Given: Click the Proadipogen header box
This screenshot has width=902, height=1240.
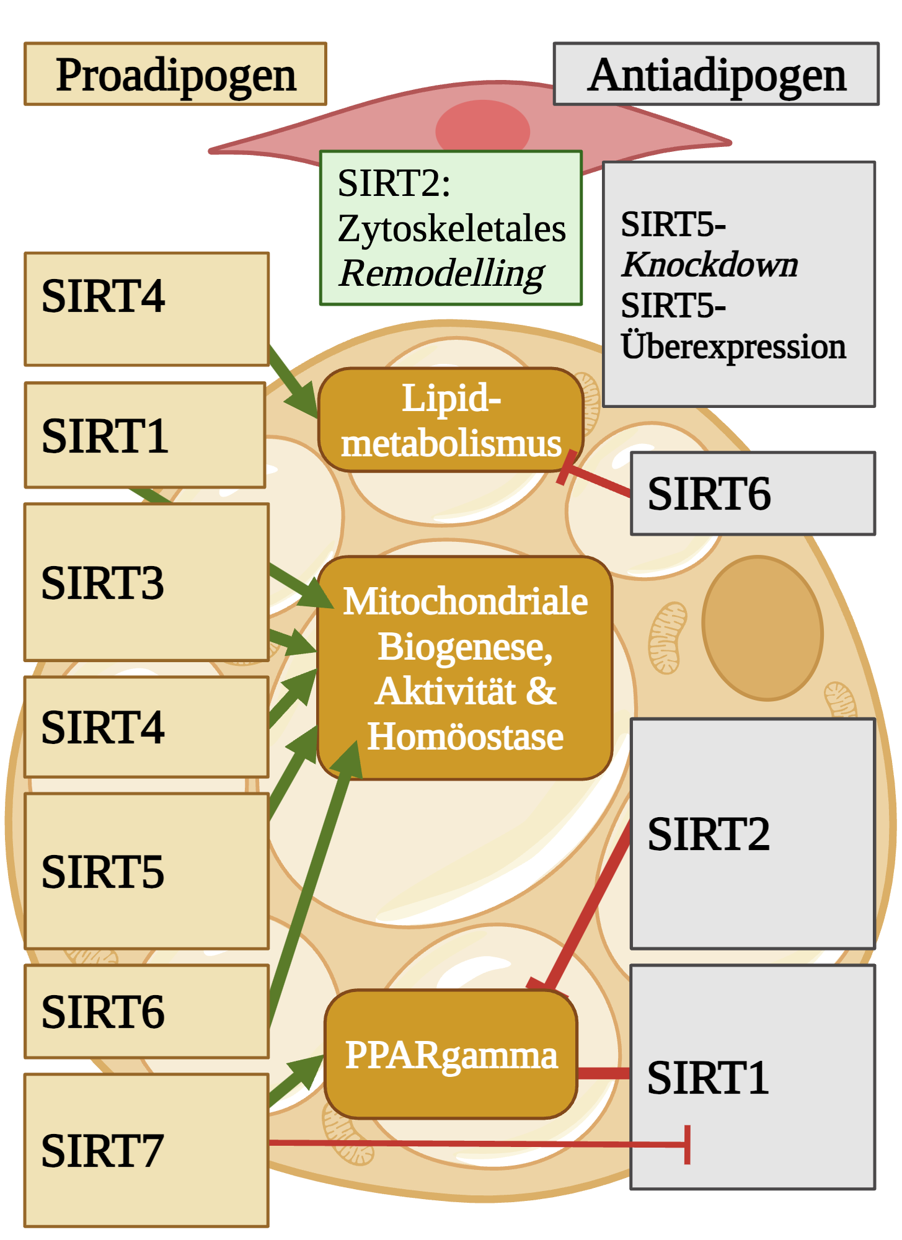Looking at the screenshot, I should pyautogui.click(x=175, y=74).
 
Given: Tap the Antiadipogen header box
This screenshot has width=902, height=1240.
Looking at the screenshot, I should pyautogui.click(x=715, y=74).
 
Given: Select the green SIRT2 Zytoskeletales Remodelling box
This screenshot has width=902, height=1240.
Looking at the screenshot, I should pyautogui.click(x=451, y=228).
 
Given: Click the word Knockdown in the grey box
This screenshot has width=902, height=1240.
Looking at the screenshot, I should pyautogui.click(x=710, y=265).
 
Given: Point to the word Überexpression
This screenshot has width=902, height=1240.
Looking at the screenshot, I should pyautogui.click(x=733, y=346).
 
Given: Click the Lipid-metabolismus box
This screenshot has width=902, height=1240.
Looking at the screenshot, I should pyautogui.click(x=451, y=420).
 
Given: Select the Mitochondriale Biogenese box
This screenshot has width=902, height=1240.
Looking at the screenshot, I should pyautogui.click(x=465, y=668).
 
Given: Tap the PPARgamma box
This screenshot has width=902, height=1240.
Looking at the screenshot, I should pyautogui.click(x=451, y=1054).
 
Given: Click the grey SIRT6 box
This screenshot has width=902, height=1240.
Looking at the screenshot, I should pyautogui.click(x=753, y=494).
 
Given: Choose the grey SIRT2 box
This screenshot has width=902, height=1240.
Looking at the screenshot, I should pyautogui.click(x=753, y=833).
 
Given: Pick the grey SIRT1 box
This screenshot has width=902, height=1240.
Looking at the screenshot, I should pyautogui.click(x=753, y=1077).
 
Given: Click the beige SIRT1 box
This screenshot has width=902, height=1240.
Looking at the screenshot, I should pyautogui.click(x=145, y=435).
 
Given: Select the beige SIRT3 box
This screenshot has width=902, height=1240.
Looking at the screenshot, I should pyautogui.click(x=146, y=582).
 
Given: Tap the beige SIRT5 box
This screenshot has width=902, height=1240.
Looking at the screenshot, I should pyautogui.click(x=146, y=871).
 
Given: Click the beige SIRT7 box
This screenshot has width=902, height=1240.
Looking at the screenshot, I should pyautogui.click(x=146, y=1151).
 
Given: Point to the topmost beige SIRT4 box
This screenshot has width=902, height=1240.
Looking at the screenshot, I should pyautogui.click(x=146, y=309).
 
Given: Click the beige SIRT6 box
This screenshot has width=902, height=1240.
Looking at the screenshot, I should pyautogui.click(x=146, y=1011).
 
